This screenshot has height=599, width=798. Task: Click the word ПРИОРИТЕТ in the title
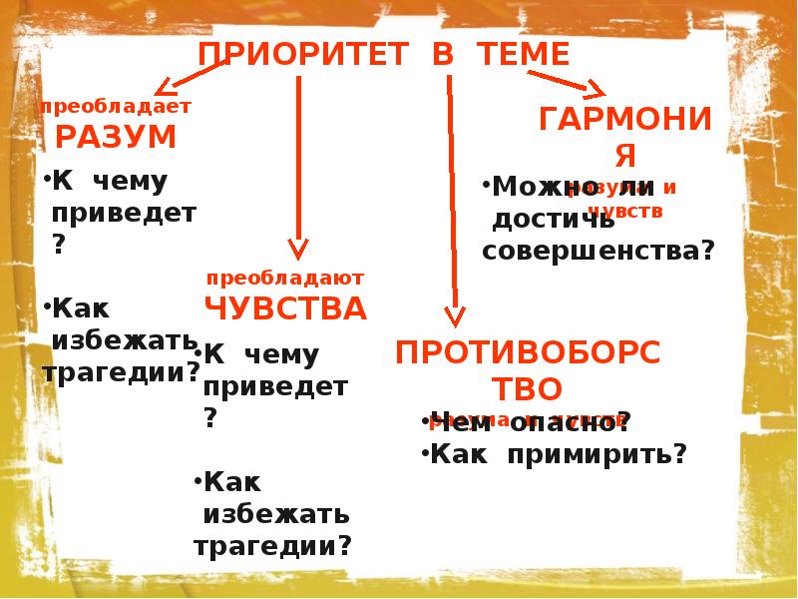tap(304, 54)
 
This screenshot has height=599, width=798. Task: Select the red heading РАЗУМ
tap(115, 137)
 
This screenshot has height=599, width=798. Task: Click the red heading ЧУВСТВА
tap(285, 308)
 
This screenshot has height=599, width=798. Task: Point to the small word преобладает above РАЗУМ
tap(115, 106)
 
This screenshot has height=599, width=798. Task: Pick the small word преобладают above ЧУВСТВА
tap(285, 278)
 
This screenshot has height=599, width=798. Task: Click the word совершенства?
tap(598, 251)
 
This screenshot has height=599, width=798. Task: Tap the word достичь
tap(552, 219)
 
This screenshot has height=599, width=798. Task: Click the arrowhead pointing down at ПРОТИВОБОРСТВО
tap(455, 316)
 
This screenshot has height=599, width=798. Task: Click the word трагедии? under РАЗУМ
tap(122, 373)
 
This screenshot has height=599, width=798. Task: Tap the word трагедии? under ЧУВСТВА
tap(273, 546)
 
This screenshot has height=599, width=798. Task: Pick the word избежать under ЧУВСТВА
tap(276, 514)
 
